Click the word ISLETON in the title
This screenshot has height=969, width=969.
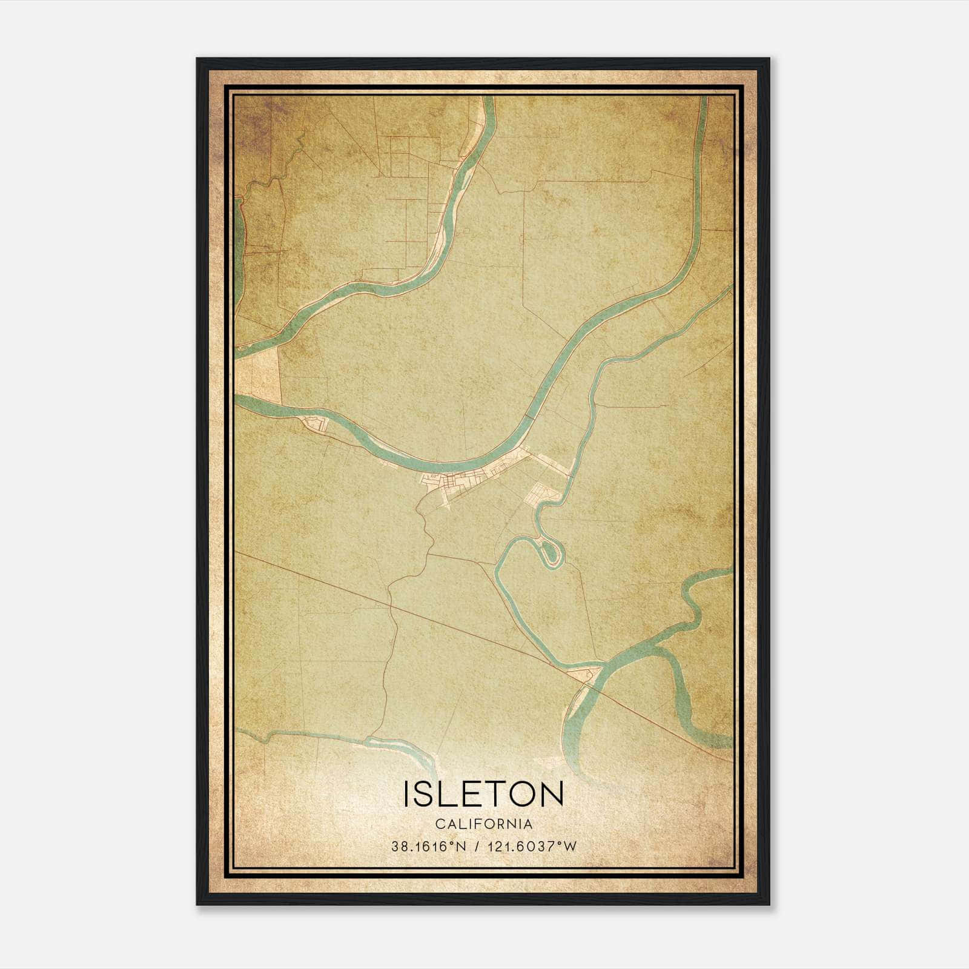[483, 793]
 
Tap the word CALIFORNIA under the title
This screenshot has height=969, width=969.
[483, 824]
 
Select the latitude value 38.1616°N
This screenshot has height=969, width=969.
[429, 846]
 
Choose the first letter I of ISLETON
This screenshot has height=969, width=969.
[407, 793]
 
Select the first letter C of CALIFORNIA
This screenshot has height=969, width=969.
[438, 824]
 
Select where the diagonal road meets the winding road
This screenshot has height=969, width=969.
[391, 604]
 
